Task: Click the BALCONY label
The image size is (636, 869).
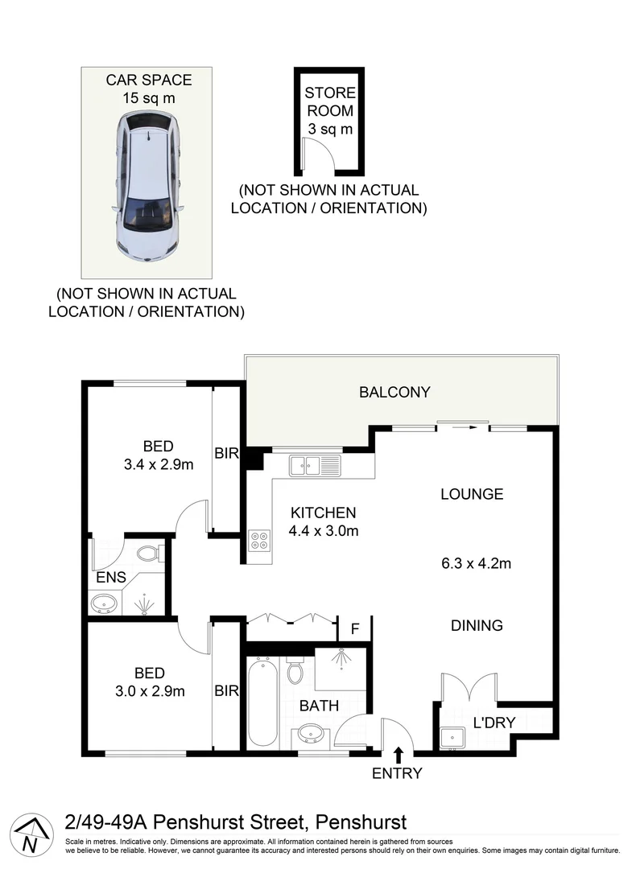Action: (394, 393)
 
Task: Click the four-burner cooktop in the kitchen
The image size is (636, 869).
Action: (261, 540)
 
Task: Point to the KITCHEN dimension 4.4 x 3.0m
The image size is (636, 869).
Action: (323, 530)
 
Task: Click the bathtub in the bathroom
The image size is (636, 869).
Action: (262, 701)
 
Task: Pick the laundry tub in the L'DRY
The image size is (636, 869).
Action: (451, 735)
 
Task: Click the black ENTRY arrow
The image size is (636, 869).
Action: (398, 754)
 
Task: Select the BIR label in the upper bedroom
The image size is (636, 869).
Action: (226, 454)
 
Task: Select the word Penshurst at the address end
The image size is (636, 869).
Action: (361, 822)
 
